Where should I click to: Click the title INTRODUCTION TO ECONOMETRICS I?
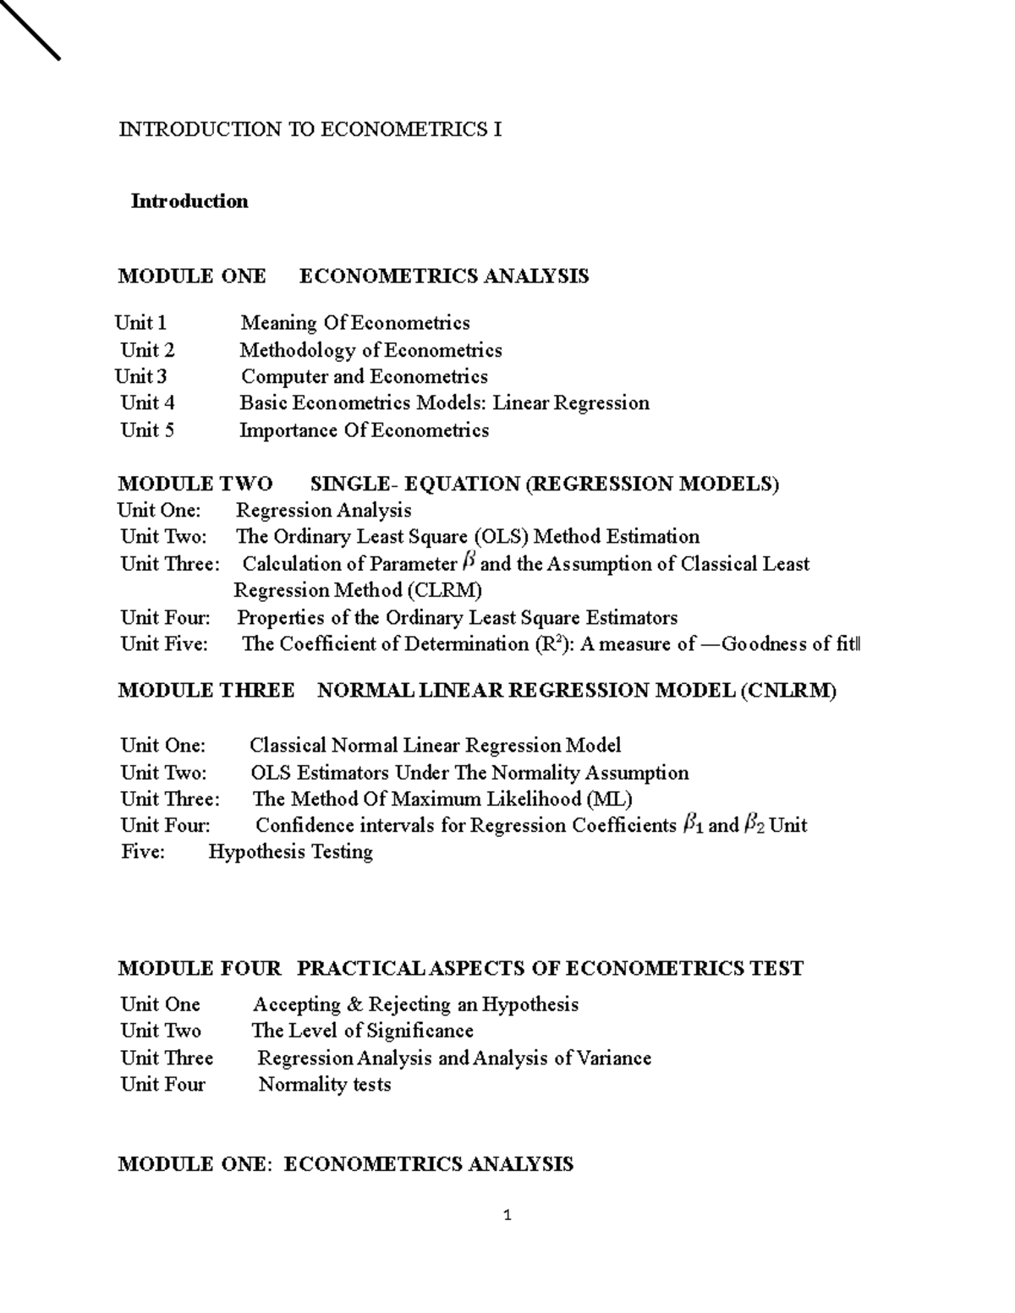pos(310,129)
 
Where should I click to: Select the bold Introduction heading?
pos(189,201)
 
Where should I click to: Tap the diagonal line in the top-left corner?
pos(30,30)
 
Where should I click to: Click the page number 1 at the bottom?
pos(507,1216)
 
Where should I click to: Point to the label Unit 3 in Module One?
pos(140,376)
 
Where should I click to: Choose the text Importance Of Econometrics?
pos(364,430)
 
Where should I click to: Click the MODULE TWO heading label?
pos(195,484)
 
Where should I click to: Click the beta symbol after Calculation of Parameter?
pos(470,562)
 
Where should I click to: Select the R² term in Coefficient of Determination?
pos(549,643)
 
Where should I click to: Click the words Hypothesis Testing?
pos(290,851)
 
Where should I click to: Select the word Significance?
pos(420,1031)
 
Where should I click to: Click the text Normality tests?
pos(324,1085)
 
